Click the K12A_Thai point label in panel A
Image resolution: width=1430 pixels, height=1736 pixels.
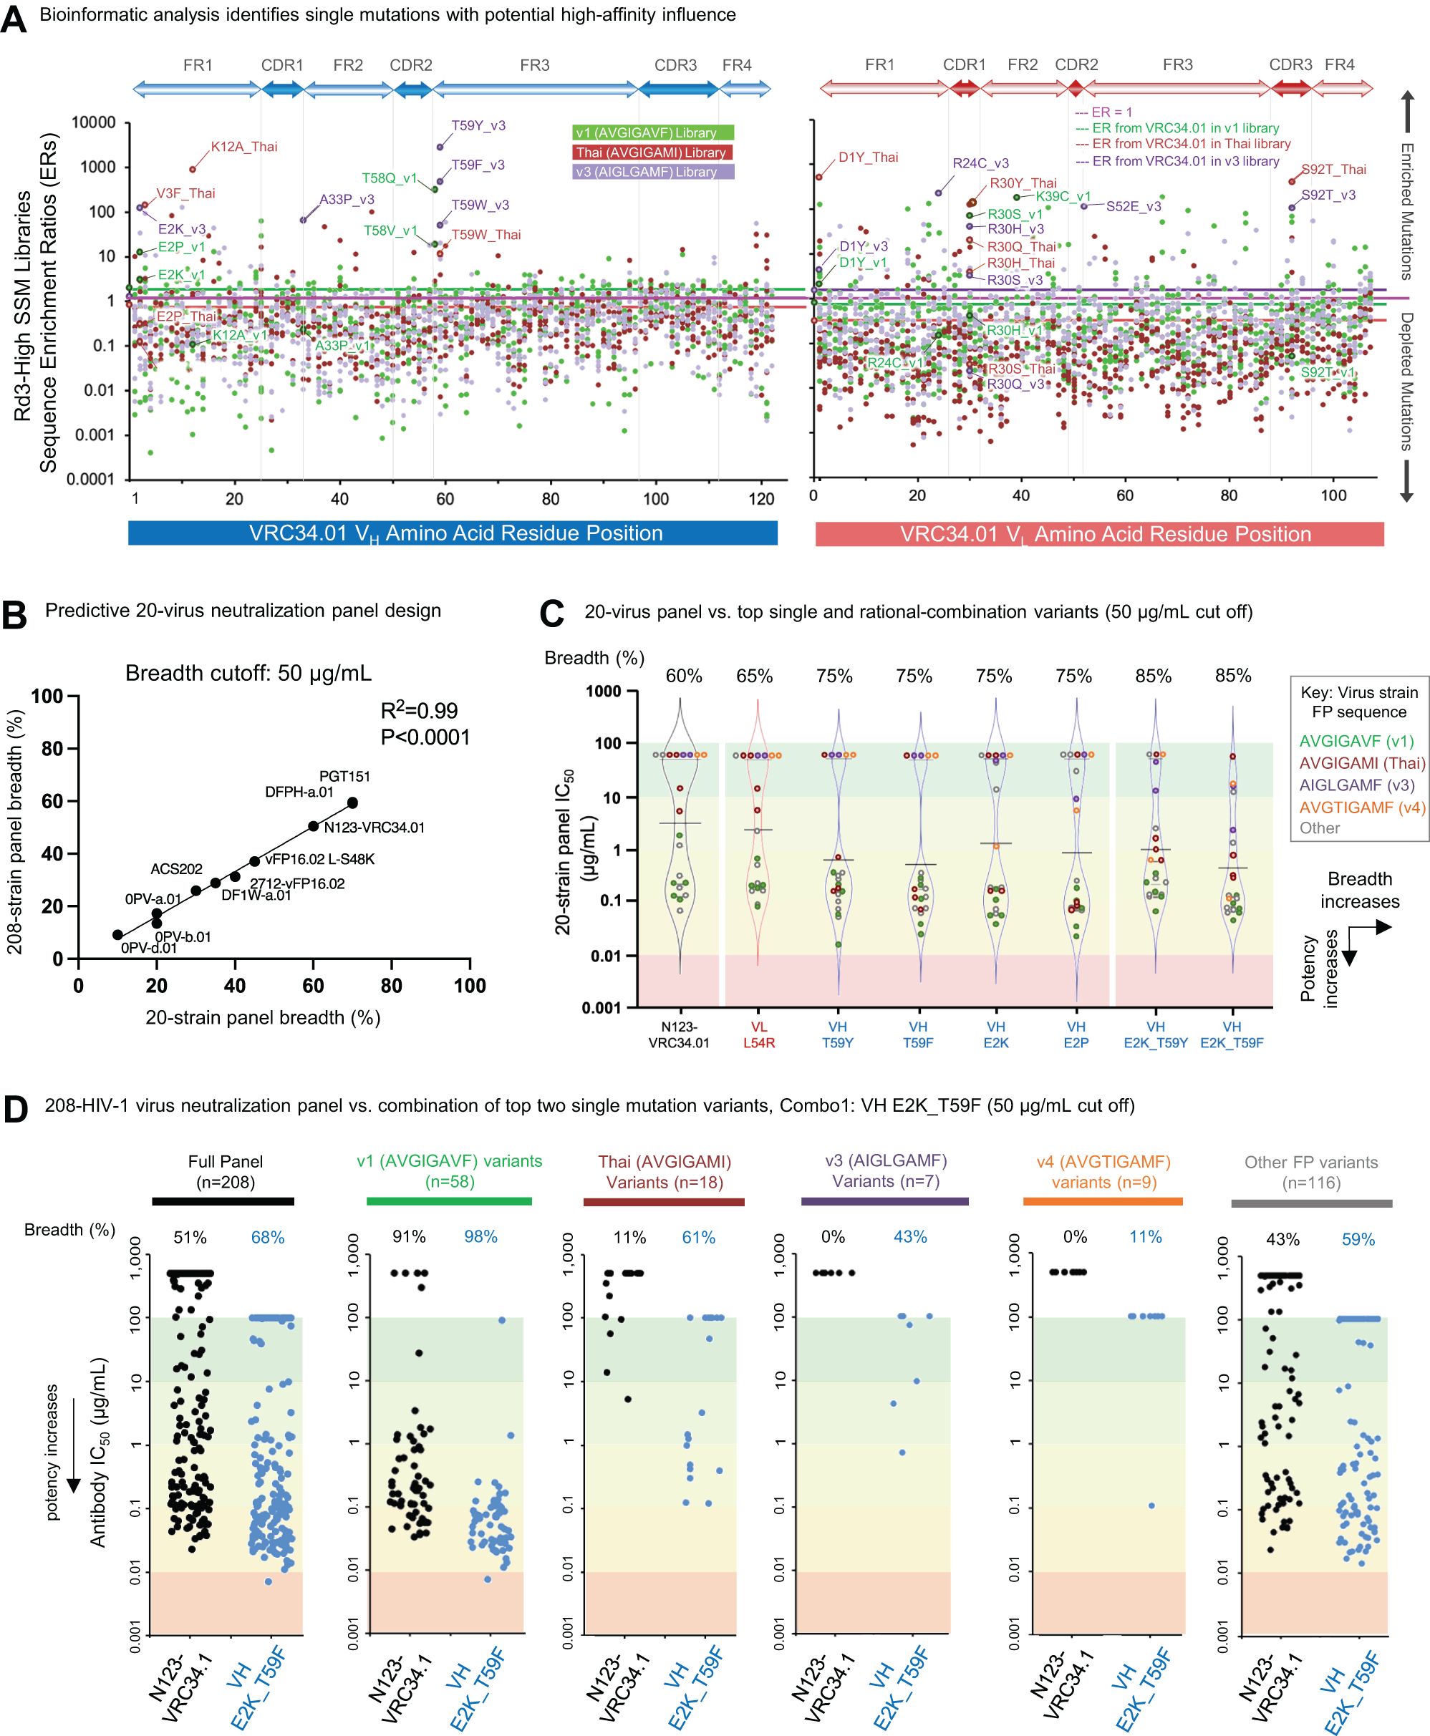244,147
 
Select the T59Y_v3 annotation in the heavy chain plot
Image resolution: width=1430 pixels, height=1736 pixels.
478,125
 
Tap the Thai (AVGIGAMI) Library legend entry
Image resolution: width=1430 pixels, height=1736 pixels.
652,152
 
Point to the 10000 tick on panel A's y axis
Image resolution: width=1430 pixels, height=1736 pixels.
94,122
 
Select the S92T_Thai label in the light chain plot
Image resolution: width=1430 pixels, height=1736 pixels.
1333,169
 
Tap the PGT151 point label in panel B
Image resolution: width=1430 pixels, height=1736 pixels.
344,777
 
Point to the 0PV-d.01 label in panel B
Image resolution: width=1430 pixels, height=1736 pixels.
149,948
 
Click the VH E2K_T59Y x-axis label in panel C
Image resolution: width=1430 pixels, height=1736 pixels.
1155,1034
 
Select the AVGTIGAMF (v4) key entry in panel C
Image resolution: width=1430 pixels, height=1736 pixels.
1361,807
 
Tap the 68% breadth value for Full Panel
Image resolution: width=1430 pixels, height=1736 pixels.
268,1237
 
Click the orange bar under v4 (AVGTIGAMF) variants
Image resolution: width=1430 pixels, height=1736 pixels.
1102,1201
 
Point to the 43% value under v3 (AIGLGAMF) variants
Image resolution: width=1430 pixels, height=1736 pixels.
909,1236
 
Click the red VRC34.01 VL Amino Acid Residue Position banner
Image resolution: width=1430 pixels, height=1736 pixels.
1099,533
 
